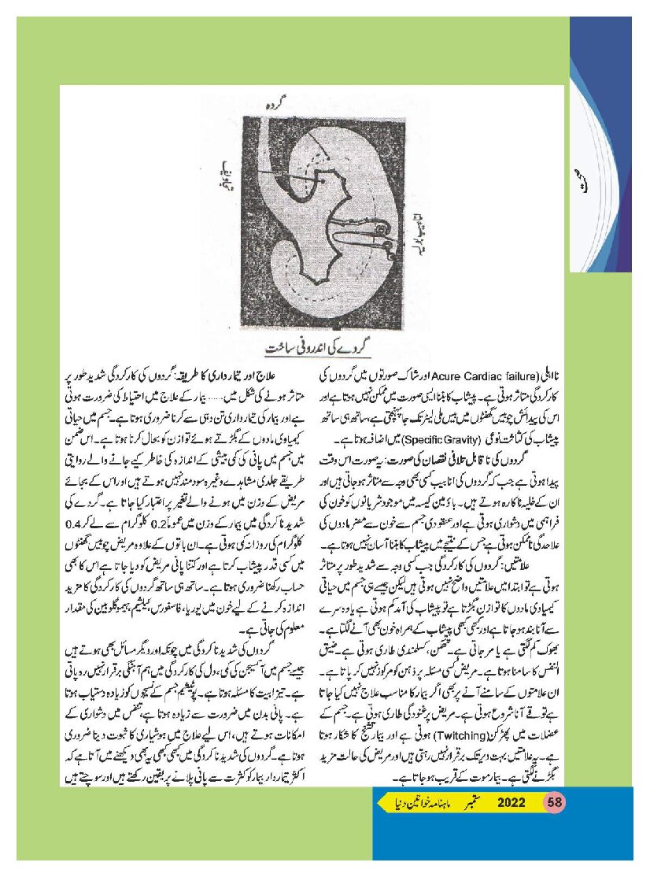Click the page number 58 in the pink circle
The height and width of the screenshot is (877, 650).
(x=556, y=803)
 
